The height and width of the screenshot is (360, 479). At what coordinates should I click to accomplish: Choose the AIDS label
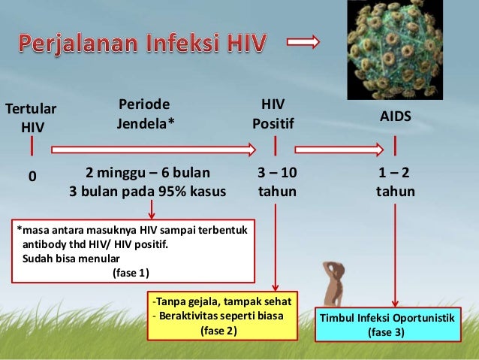pos(395,119)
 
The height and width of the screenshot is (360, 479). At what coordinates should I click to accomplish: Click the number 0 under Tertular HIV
pos(32,177)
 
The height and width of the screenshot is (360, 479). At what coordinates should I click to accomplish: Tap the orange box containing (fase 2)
pos(223,316)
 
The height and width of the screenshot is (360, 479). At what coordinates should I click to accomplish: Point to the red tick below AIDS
pos(394,145)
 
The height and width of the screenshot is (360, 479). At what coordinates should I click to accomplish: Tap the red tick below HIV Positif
pos(275,145)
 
